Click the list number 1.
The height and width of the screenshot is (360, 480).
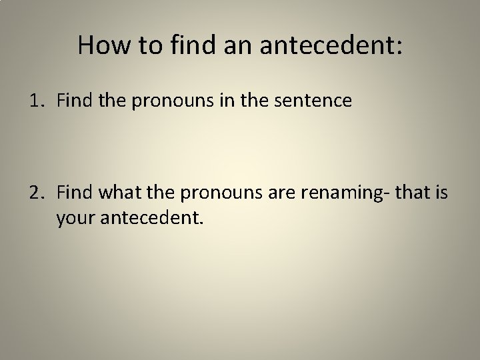[x=35, y=101]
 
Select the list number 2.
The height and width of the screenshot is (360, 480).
[x=35, y=194]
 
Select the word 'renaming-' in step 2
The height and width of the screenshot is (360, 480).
[x=337, y=194]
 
